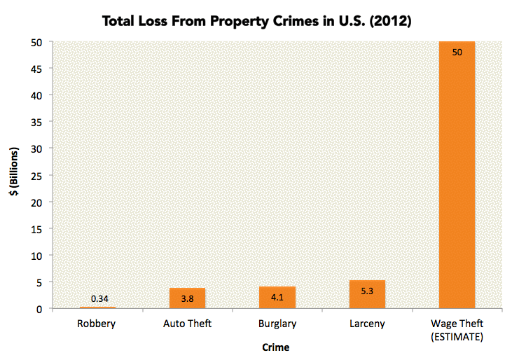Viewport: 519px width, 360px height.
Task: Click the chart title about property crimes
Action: pos(256,21)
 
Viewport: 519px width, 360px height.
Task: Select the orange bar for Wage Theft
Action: pos(457,175)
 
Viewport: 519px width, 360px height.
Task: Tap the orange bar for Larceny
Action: pos(367,294)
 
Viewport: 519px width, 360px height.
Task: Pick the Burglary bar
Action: pos(277,298)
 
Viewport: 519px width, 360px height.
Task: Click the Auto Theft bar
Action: pos(187,298)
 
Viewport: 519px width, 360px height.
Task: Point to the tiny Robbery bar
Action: pos(97,307)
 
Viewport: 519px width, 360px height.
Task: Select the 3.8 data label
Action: pos(187,298)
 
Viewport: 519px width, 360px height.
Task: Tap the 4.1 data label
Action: pos(277,297)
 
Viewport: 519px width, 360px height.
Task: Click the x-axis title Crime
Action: pos(276,347)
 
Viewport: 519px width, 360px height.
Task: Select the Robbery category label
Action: pos(97,324)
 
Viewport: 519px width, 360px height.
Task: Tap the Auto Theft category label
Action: pos(187,324)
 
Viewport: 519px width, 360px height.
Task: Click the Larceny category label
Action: pos(367,324)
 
